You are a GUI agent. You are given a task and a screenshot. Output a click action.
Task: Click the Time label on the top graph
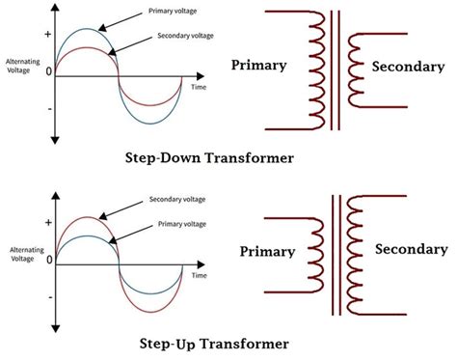tap(199, 87)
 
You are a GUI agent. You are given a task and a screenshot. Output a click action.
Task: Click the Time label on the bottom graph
tap(199, 275)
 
